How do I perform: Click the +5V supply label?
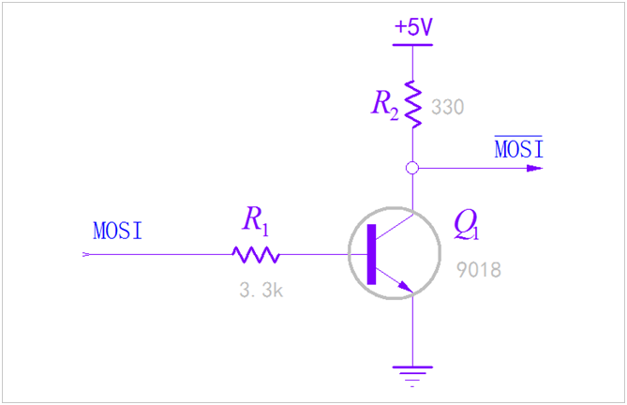(x=413, y=27)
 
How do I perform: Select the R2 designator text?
(x=385, y=104)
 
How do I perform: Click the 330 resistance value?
(x=448, y=107)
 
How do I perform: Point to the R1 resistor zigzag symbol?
(x=257, y=254)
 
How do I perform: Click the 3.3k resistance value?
(x=261, y=291)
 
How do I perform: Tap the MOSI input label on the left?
(x=118, y=231)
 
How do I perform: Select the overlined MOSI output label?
(x=518, y=148)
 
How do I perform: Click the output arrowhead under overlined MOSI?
(x=534, y=169)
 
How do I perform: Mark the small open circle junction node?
(x=412, y=169)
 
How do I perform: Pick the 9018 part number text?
(x=479, y=271)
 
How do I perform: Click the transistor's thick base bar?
(x=372, y=254)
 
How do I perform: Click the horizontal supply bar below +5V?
(x=412, y=44)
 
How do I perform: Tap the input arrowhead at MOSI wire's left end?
(x=87, y=254)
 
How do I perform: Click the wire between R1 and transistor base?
(x=314, y=254)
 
